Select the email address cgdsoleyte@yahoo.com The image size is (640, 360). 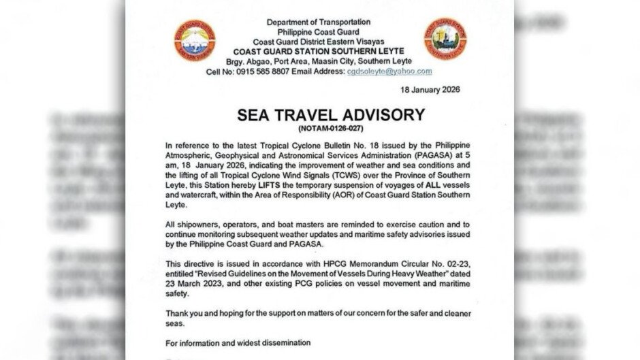click(389, 71)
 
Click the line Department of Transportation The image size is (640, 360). click(318, 22)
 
